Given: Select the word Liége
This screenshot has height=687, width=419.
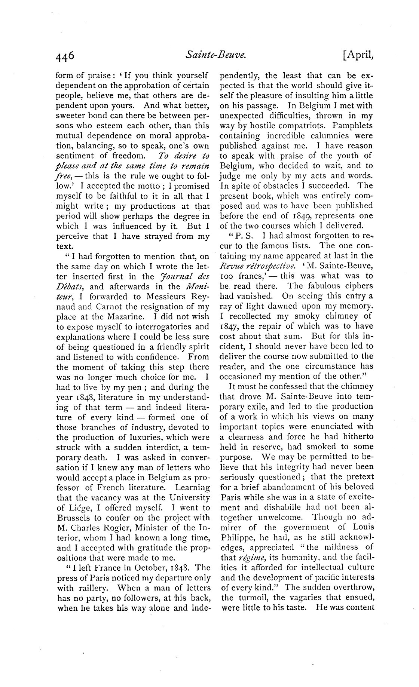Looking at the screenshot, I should [x=77, y=508].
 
